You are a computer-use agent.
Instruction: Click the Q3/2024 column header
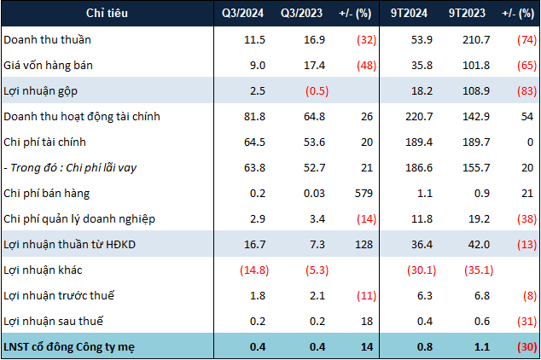click(242, 13)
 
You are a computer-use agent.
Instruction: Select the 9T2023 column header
click(467, 13)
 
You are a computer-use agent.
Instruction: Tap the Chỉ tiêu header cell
click(107, 13)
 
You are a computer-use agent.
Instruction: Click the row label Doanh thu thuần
click(47, 39)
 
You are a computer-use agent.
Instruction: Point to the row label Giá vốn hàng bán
click(48, 66)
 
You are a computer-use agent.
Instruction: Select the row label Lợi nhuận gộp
click(40, 91)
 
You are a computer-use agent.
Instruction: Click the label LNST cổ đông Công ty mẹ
click(69, 347)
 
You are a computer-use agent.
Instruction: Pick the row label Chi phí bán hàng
click(47, 194)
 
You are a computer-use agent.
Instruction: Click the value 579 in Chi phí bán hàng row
click(364, 194)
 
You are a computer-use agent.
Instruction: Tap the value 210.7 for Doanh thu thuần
click(476, 39)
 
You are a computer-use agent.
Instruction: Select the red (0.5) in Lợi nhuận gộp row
click(317, 91)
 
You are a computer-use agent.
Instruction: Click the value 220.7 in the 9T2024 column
click(419, 117)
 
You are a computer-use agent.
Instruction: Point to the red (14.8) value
click(254, 270)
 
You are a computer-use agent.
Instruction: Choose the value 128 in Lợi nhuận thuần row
click(364, 245)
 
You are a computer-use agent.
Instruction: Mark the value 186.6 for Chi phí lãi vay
click(419, 168)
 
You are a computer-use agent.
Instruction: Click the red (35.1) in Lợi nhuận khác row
click(479, 270)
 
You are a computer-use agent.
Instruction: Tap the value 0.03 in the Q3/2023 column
click(314, 194)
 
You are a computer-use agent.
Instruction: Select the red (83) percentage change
click(526, 91)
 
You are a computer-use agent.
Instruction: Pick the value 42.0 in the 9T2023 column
click(479, 245)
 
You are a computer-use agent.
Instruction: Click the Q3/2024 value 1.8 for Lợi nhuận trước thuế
click(258, 296)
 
